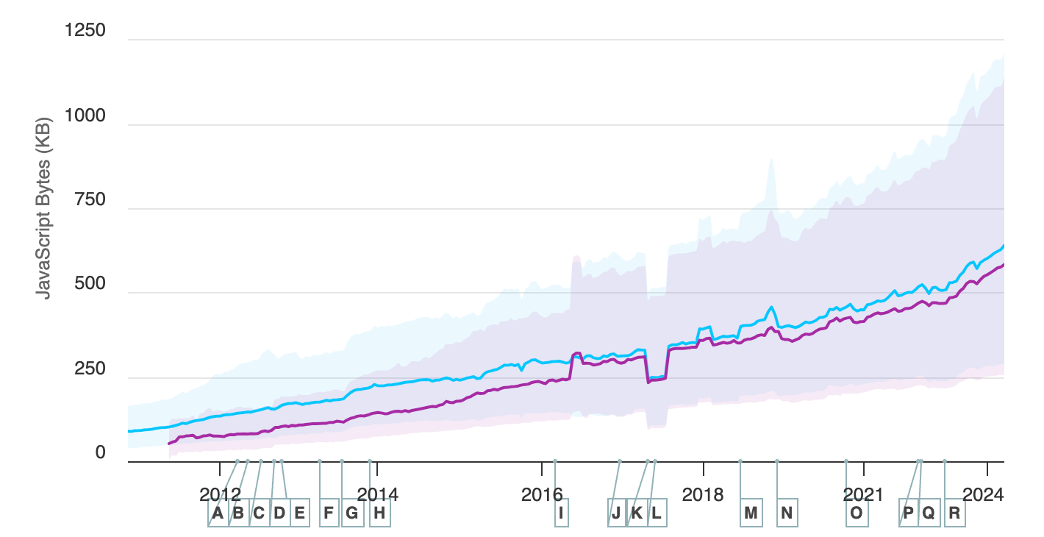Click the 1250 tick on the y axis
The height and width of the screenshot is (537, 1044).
point(85,32)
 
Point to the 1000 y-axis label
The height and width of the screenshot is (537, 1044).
point(85,116)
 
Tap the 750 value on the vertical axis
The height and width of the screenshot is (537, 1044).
point(90,200)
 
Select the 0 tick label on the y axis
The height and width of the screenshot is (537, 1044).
point(100,453)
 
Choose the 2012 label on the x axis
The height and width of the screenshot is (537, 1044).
point(220,494)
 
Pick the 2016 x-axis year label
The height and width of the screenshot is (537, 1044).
point(542,494)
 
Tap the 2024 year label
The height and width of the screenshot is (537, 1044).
point(983,494)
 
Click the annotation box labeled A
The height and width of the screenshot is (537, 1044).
point(217,513)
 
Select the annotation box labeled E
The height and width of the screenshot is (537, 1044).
point(298,513)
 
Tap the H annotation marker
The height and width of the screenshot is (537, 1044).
point(379,513)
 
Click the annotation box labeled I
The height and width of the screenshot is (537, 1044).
point(562,513)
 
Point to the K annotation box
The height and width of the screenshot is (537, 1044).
point(637,513)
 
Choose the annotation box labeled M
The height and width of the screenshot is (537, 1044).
point(751,513)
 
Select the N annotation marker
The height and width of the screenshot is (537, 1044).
point(787,513)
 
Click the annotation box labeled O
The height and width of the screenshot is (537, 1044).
point(856,513)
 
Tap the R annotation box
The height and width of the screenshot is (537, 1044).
point(954,513)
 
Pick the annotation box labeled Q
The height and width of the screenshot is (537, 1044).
point(929,513)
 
